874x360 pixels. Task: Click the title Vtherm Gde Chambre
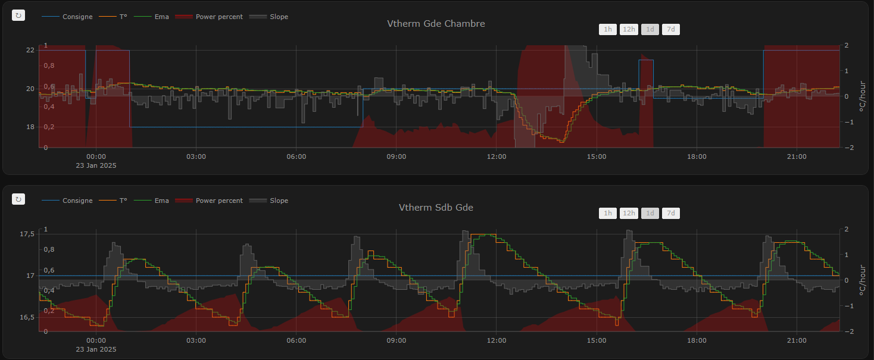pyautogui.click(x=436, y=24)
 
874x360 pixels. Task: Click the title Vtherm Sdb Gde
pyautogui.click(x=436, y=208)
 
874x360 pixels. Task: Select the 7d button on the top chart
pyautogui.click(x=670, y=29)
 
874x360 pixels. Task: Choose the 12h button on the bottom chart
pyautogui.click(x=629, y=213)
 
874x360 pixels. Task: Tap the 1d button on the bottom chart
pyautogui.click(x=650, y=213)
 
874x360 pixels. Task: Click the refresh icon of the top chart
pyautogui.click(x=18, y=15)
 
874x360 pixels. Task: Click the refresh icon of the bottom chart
pyautogui.click(x=18, y=199)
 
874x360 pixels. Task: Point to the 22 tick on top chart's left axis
pyautogui.click(x=30, y=50)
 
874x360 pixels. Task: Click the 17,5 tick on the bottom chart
pyautogui.click(x=27, y=234)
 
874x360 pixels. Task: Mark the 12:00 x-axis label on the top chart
pyautogui.click(x=497, y=156)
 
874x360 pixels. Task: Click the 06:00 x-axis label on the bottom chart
pyautogui.click(x=296, y=340)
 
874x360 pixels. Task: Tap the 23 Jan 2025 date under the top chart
pyautogui.click(x=96, y=165)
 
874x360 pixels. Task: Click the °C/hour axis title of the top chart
pyautogui.click(x=861, y=96)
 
